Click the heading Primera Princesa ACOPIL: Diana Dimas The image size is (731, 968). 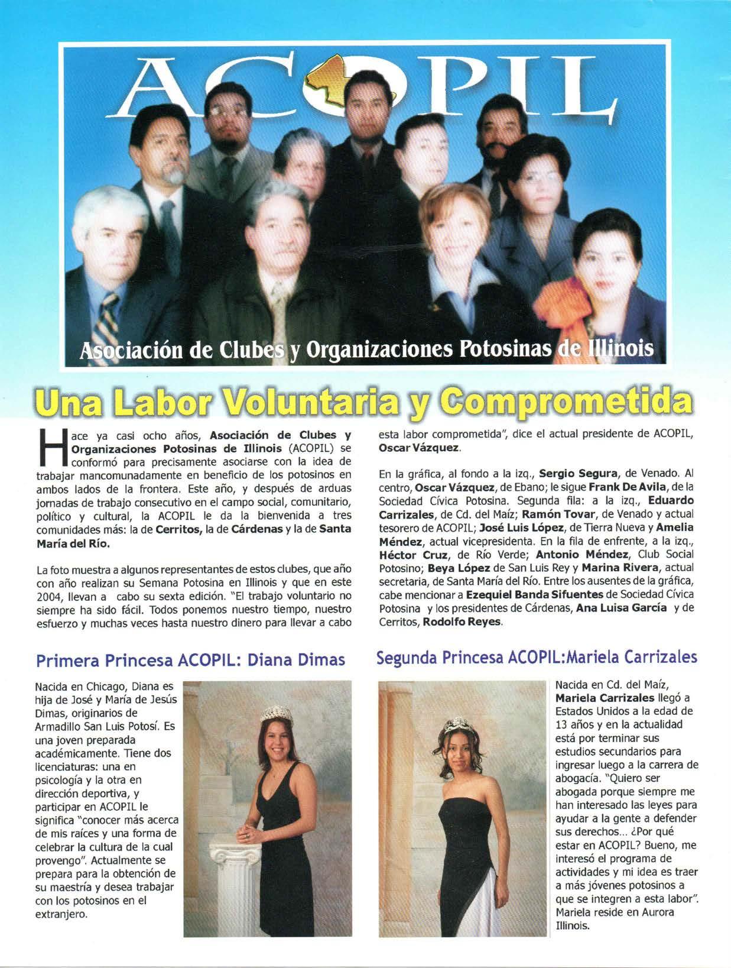(x=190, y=659)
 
